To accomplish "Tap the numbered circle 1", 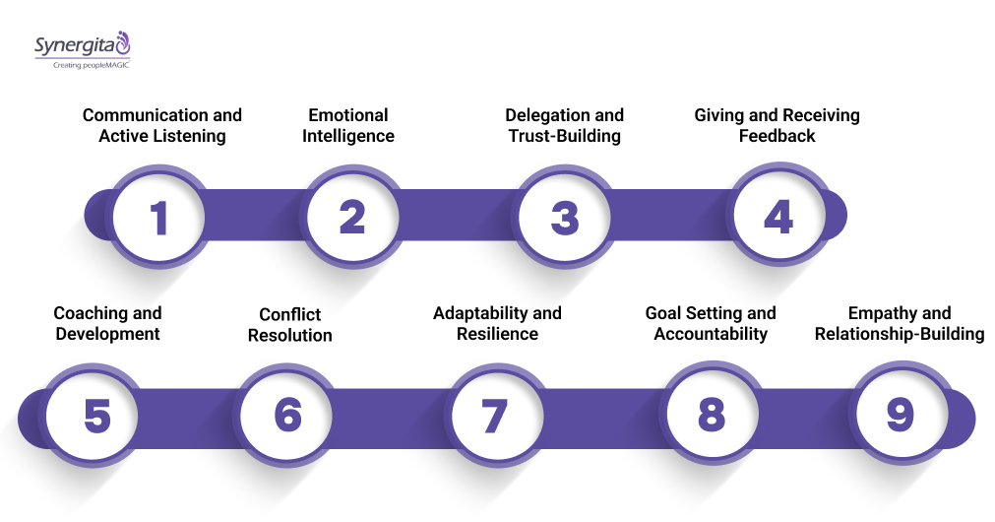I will click(158, 217).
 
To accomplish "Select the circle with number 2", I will click(351, 217).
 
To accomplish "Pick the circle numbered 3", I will click(565, 217).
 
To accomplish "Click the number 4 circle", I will click(777, 217).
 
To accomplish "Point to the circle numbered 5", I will click(96, 416).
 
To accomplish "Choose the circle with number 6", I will click(288, 416).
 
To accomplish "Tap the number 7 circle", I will click(494, 416).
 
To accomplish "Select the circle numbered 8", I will click(711, 416).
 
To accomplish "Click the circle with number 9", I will click(900, 416).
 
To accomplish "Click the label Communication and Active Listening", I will click(161, 126).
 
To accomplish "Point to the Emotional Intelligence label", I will click(348, 126).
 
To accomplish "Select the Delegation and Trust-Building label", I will click(565, 126).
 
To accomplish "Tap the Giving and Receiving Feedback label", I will click(777, 126).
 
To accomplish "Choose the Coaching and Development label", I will click(107, 324).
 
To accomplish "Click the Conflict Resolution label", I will click(290, 325).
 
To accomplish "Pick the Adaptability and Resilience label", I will click(497, 324).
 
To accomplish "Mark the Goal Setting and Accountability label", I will click(711, 324).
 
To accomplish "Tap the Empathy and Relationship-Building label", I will click(900, 324).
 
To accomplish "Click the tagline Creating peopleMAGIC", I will click(92, 65).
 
